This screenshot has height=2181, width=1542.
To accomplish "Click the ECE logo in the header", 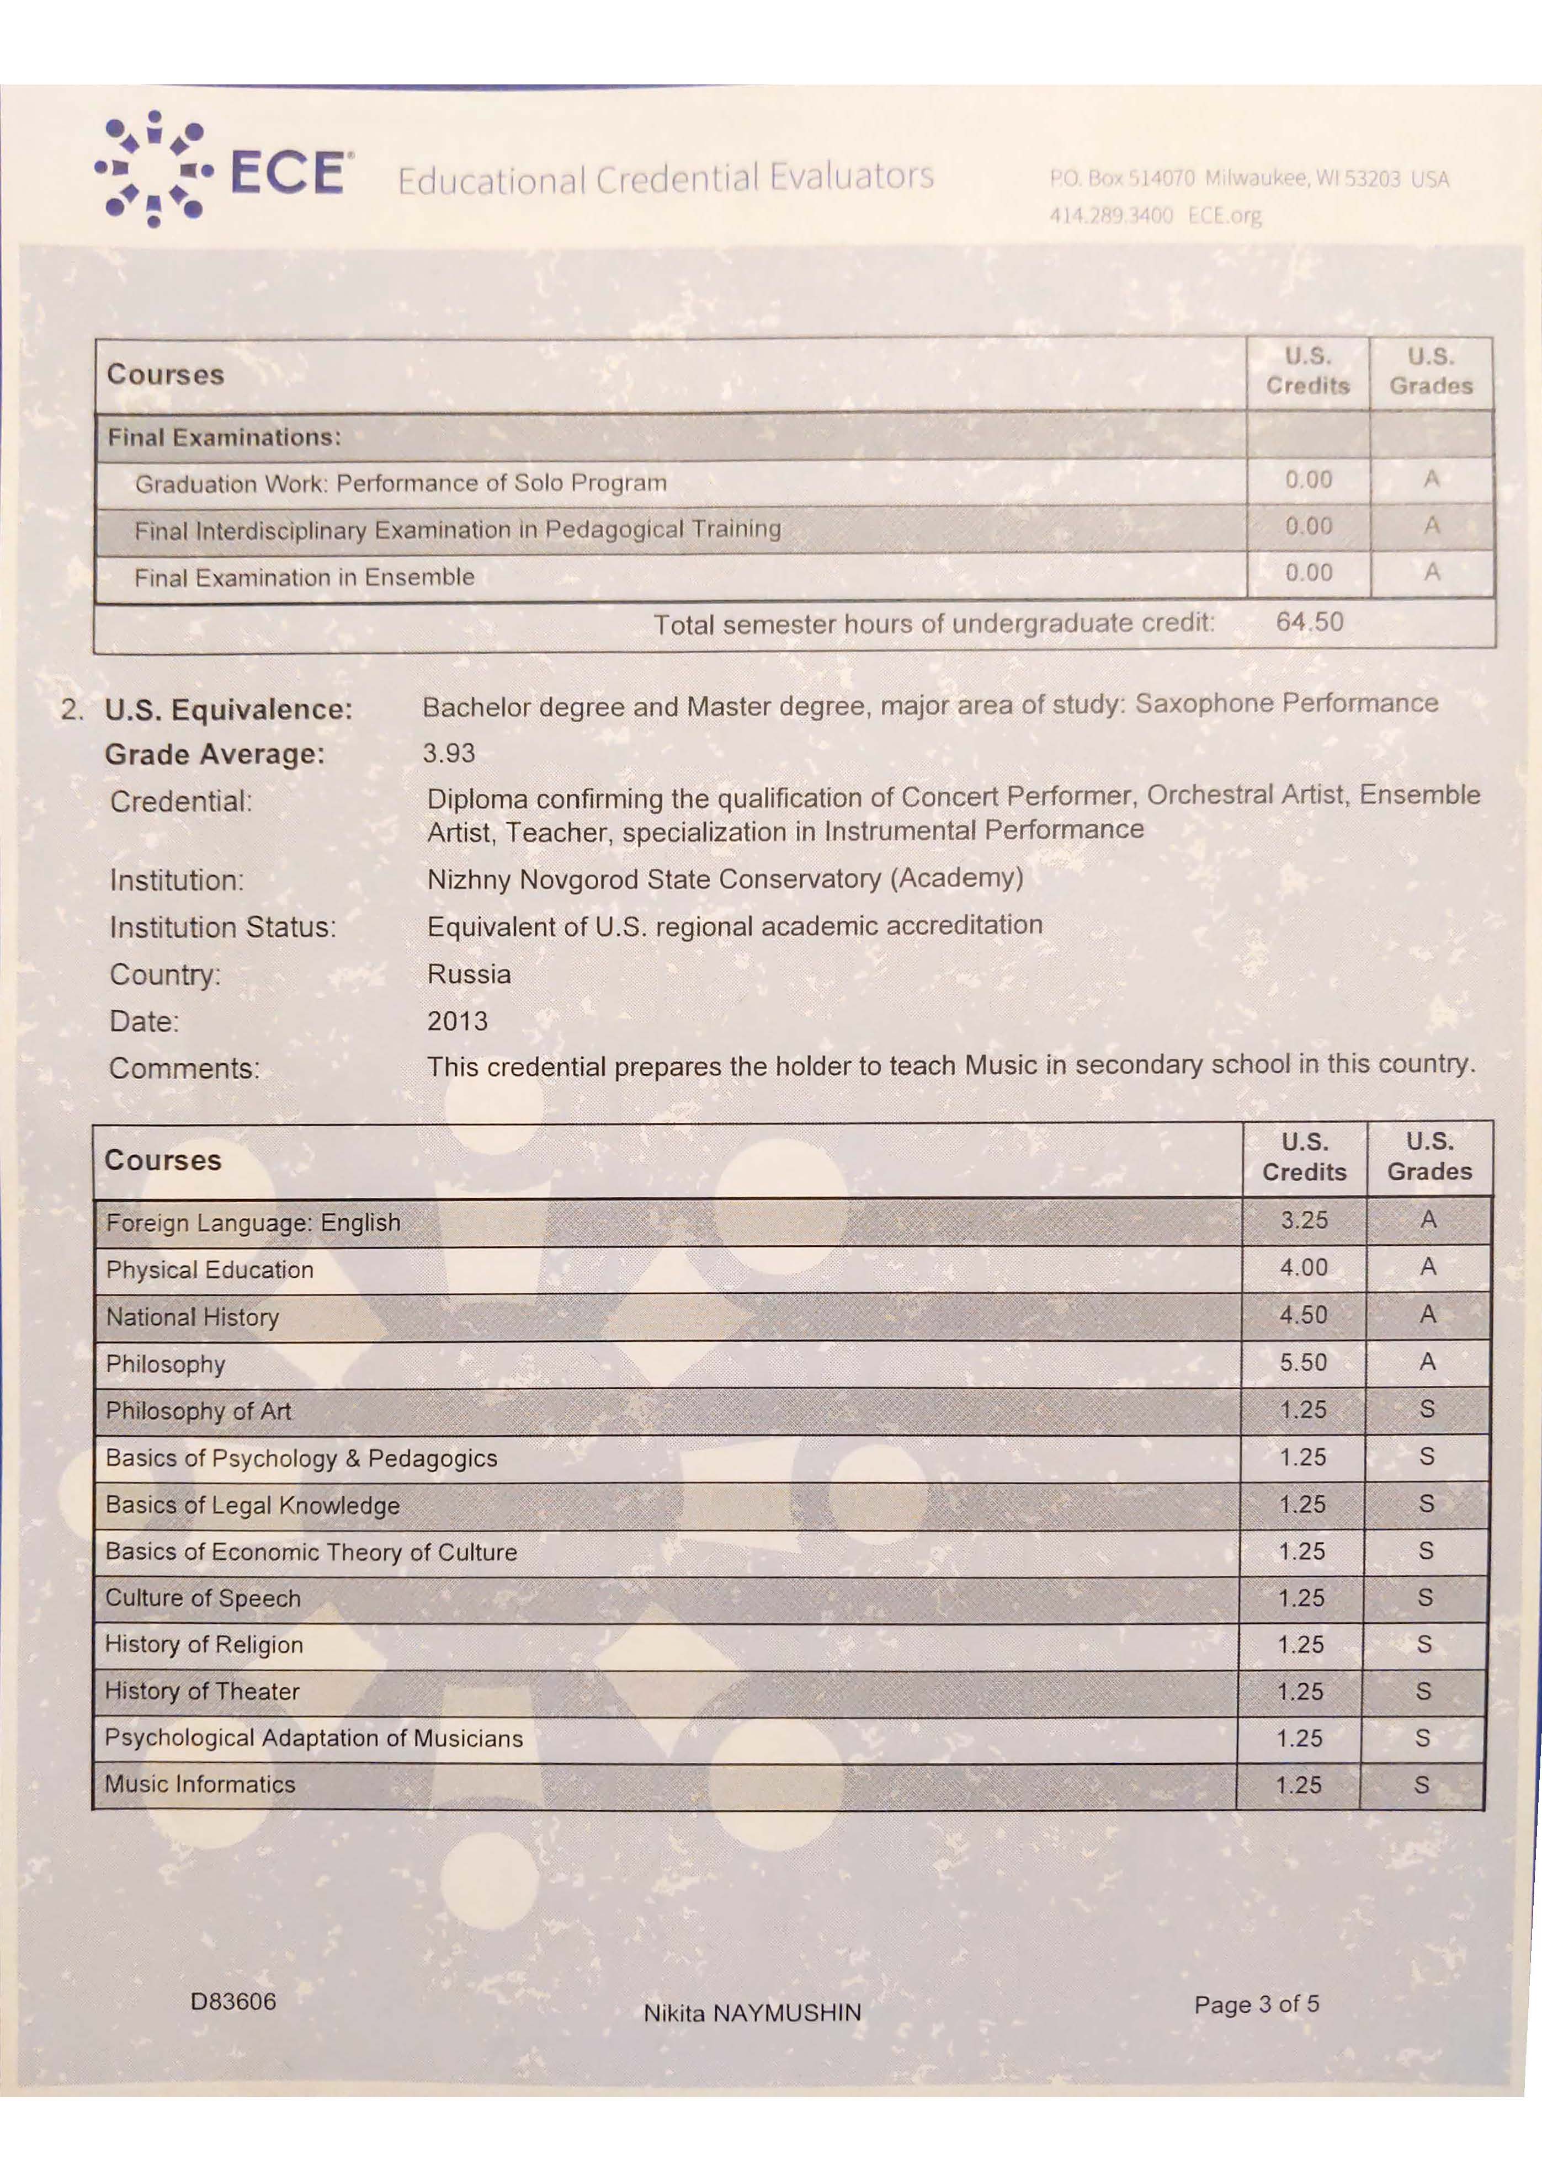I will click(224, 171).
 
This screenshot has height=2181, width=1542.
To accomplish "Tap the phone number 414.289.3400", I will click(1110, 216).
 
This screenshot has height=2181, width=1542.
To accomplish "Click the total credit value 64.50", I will click(1309, 622).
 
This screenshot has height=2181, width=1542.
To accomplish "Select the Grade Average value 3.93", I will click(449, 753).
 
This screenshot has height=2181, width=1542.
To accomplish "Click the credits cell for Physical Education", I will click(1304, 1267).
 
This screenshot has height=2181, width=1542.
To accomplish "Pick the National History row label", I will click(193, 1318).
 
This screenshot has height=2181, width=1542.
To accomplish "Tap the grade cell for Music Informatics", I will click(1421, 1785).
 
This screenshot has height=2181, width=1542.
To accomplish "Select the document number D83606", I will click(233, 2002).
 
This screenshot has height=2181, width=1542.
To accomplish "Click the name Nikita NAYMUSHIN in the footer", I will click(752, 2013).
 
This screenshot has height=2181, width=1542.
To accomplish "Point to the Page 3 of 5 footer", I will click(1256, 2004).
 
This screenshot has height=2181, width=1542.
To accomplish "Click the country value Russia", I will click(469, 974).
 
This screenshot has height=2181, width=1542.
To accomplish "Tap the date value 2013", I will click(457, 1021).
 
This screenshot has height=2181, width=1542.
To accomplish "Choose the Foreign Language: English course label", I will click(253, 1223).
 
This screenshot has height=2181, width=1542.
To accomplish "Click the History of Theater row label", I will click(203, 1692).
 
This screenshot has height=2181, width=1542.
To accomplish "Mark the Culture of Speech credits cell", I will click(1301, 1598).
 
